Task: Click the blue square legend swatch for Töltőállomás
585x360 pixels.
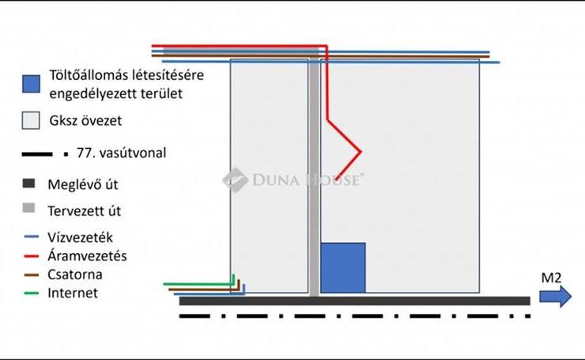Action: click(31, 84)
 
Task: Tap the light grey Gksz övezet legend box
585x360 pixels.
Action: click(31, 120)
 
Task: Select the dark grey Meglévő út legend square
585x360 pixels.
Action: click(28, 184)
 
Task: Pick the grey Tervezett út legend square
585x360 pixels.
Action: click(28, 208)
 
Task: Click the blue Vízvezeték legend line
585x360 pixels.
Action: click(32, 237)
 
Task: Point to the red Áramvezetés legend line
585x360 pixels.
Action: click(32, 256)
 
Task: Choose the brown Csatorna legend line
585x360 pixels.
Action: click(32, 275)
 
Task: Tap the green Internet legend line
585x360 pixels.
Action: click(32, 294)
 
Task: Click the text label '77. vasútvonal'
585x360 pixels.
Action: click(121, 153)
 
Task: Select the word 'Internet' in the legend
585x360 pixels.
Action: click(73, 294)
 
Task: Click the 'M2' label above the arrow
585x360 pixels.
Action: click(551, 278)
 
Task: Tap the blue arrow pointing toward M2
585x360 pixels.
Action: click(555, 297)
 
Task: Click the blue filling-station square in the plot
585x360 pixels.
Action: click(343, 267)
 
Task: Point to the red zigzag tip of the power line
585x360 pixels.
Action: click(360, 152)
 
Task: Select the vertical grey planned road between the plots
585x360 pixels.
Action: click(314, 176)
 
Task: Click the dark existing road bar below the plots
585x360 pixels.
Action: click(355, 301)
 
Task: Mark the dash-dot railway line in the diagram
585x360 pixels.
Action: click(355, 316)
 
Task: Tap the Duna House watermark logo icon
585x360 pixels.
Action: click(235, 180)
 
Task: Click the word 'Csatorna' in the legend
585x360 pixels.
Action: click(75, 275)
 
